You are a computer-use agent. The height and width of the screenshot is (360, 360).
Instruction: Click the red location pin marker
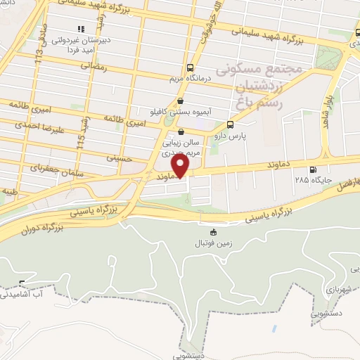(181, 165)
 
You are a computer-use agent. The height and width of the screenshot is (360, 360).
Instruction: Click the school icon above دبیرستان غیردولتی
(80, 29)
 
